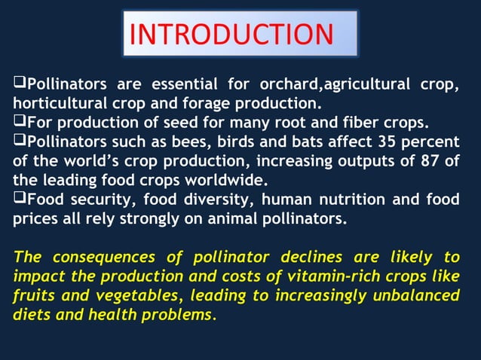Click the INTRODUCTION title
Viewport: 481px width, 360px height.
pos(240,34)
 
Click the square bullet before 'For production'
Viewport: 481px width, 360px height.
pos(20,121)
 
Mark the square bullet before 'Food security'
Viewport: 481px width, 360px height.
pos(20,199)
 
